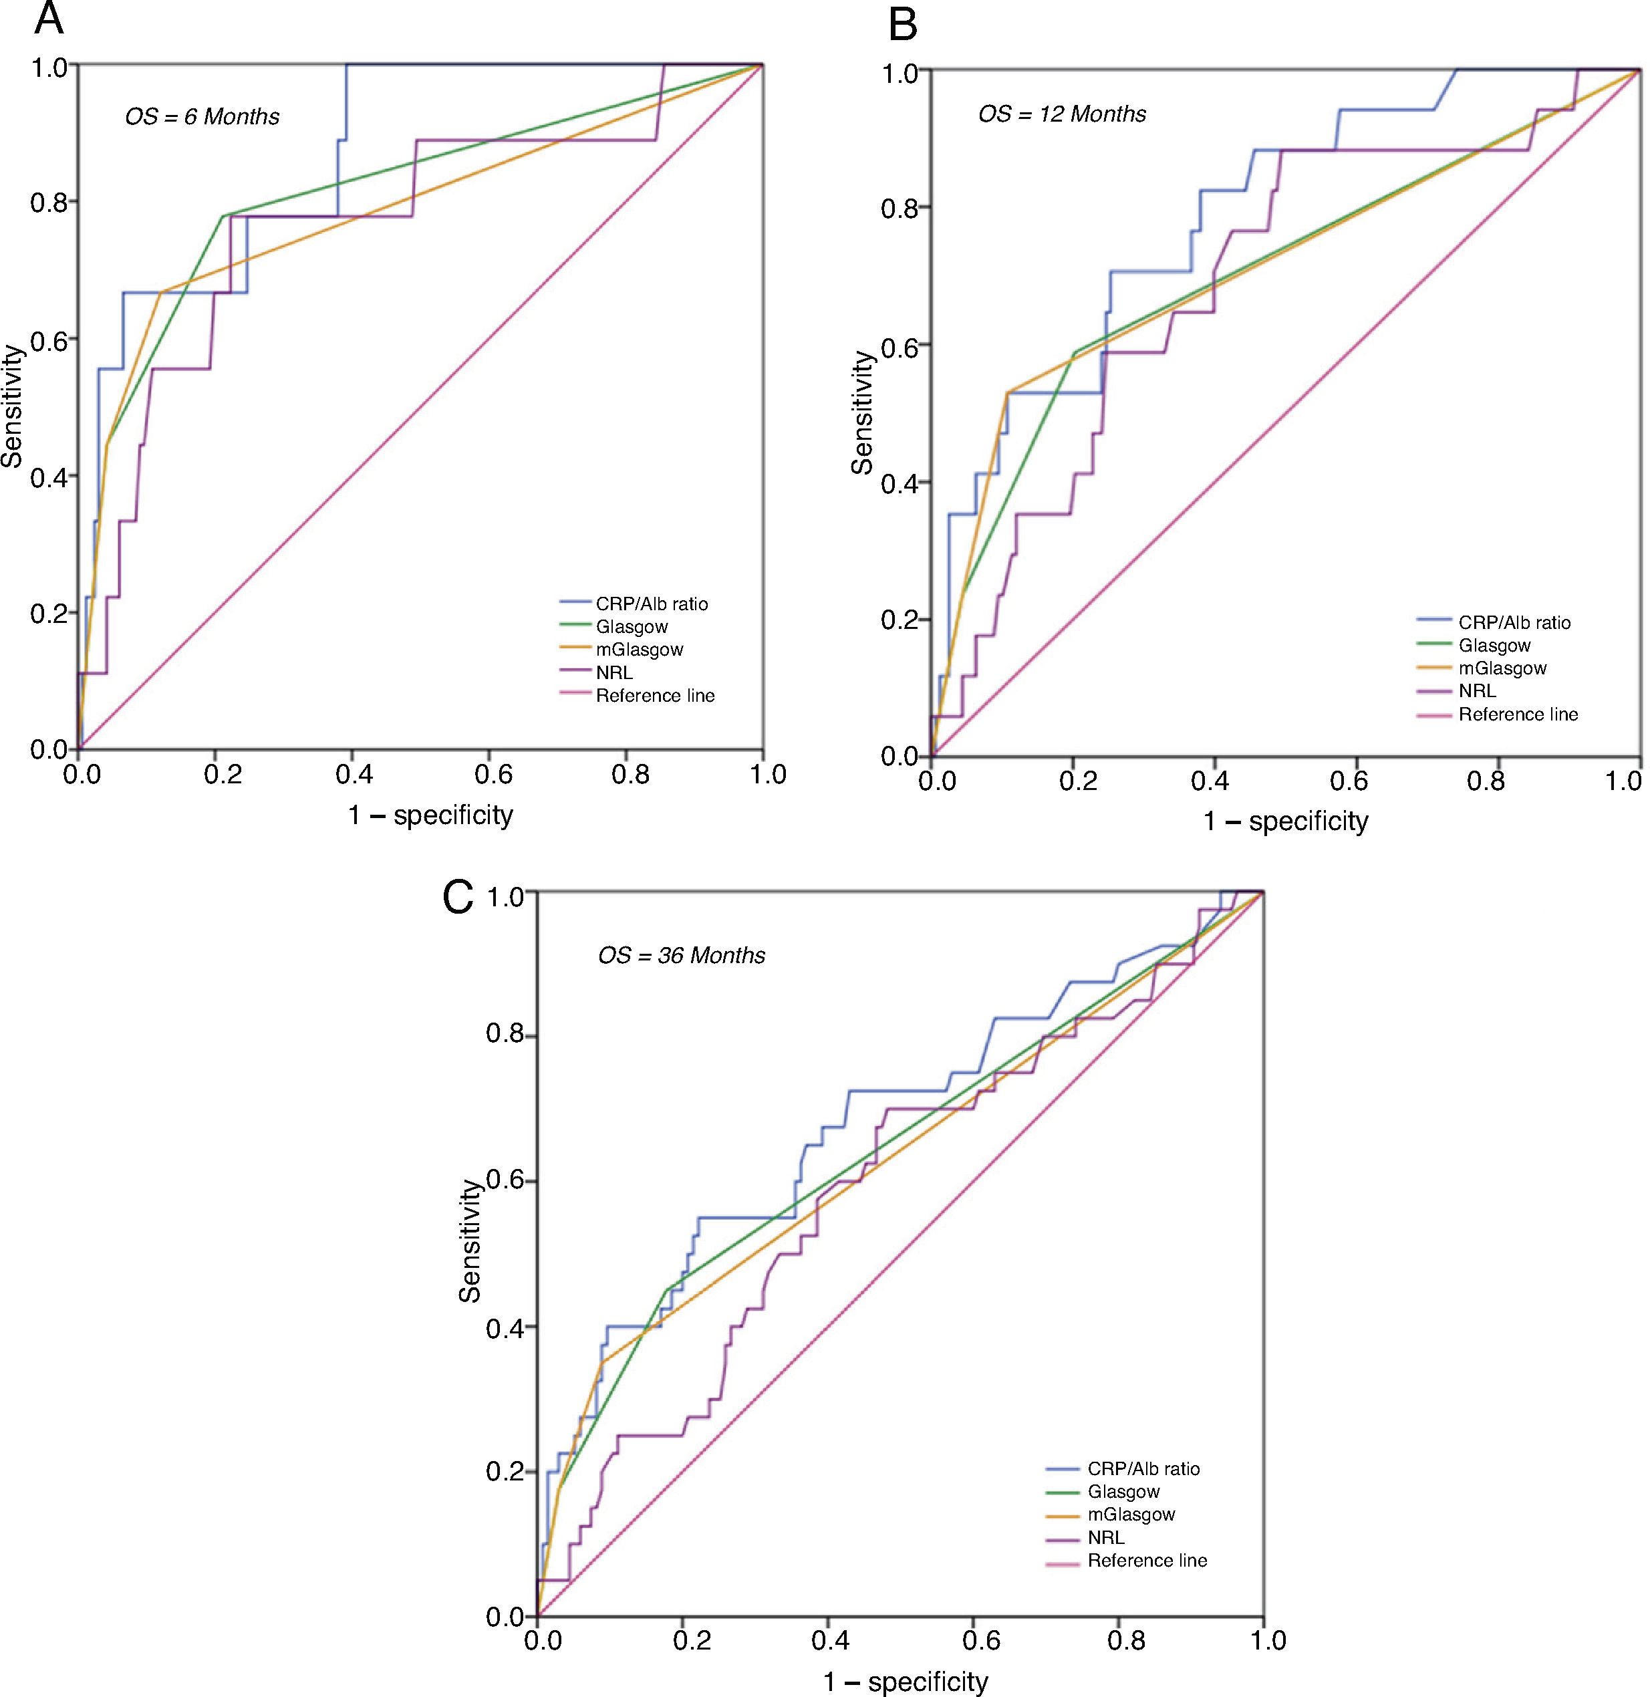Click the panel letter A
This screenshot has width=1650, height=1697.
coord(49,19)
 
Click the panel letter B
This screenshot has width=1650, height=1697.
coord(903,26)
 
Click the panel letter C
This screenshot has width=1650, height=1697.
coord(458,898)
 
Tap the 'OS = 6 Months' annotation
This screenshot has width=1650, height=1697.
coord(202,116)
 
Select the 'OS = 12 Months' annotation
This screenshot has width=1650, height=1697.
coord(1062,114)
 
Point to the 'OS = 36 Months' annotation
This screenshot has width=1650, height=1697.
coord(681,955)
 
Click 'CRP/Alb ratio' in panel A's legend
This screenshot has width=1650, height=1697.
coord(651,604)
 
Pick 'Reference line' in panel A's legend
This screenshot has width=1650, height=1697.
coord(654,696)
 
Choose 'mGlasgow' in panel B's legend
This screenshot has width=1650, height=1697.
coord(1502,668)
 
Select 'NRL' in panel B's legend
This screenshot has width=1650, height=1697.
coord(1477,690)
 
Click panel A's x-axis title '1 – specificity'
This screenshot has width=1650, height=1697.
coord(430,815)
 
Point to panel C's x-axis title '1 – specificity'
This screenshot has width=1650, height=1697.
coord(905,1682)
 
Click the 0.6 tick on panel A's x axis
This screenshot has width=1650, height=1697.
coord(491,773)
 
